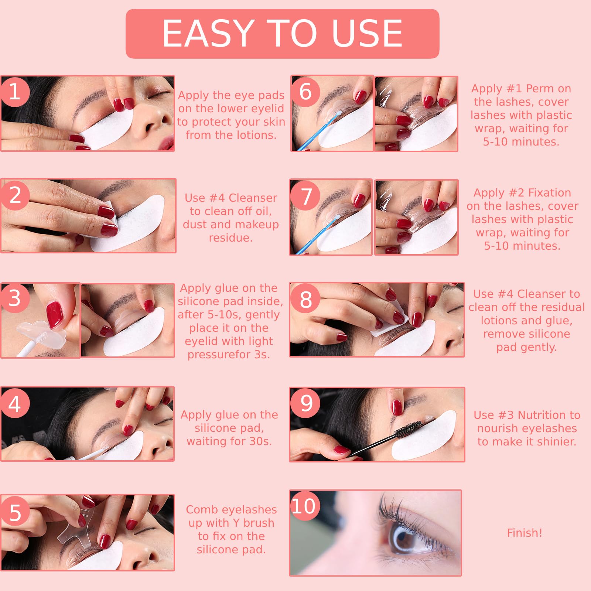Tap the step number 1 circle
coord(15,92)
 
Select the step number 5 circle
coord(15,512)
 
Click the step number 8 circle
coord(305,299)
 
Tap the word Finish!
coord(525,533)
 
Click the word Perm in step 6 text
coord(539,89)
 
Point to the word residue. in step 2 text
coord(231,238)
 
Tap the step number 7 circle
coord(305,195)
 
